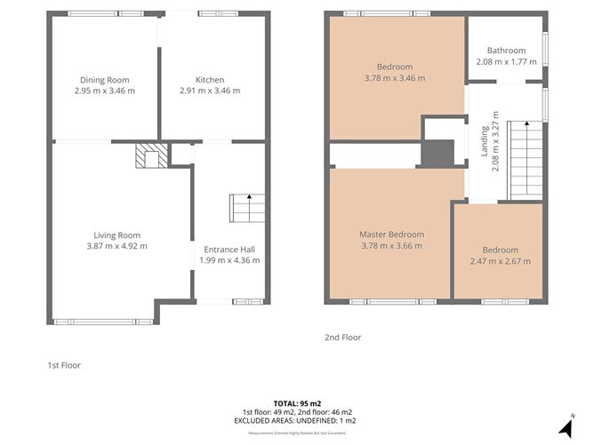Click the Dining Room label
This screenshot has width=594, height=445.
pyautogui.click(x=105, y=79)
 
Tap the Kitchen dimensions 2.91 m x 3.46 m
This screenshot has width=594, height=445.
pyautogui.click(x=209, y=91)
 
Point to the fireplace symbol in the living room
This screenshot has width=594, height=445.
pyautogui.click(x=148, y=157)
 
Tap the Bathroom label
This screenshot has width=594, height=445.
pyautogui.click(x=506, y=51)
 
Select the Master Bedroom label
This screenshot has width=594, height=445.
pyautogui.click(x=391, y=234)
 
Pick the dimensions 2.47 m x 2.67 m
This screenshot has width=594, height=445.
pyautogui.click(x=500, y=261)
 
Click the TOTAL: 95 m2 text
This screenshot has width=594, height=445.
pyautogui.click(x=297, y=403)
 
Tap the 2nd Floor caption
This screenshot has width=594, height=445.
pyautogui.click(x=343, y=338)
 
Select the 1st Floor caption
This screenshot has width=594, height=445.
pyautogui.click(x=64, y=365)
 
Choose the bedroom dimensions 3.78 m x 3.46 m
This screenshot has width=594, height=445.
pyautogui.click(x=394, y=78)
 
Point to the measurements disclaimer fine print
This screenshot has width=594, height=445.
pyautogui.click(x=297, y=433)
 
